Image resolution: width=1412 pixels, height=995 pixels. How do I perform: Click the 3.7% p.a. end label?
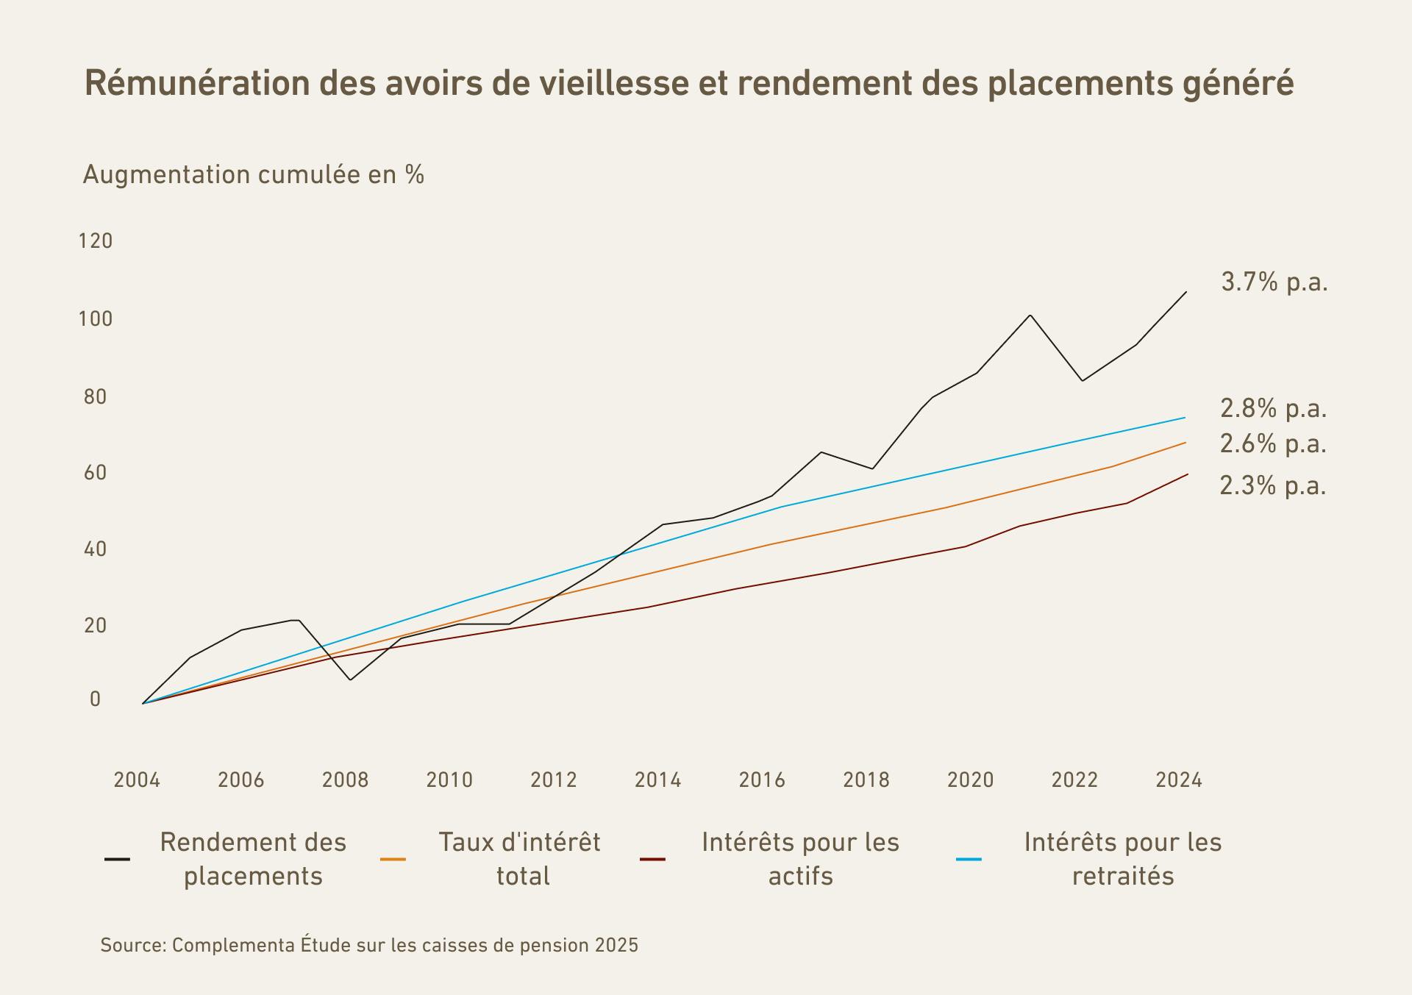point(1274,282)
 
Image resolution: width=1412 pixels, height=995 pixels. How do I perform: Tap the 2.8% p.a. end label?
point(1273,408)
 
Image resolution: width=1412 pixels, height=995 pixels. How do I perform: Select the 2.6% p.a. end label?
point(1273,444)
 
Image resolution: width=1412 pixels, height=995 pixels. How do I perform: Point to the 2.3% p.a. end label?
point(1272,486)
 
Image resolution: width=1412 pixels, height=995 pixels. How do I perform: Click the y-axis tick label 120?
point(96,241)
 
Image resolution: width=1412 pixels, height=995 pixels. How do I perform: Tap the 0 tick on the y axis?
point(95,699)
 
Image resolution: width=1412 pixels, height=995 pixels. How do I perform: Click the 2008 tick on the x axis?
point(345,780)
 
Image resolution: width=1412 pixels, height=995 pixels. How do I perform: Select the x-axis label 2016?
point(762,780)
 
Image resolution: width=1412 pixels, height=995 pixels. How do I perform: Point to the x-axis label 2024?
point(1179,780)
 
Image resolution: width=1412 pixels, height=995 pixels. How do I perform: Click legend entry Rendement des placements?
point(252,859)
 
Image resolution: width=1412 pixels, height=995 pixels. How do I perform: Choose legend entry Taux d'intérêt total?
point(519,859)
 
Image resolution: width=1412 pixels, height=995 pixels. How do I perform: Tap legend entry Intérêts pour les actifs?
point(800,859)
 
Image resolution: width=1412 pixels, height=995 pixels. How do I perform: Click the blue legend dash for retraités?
point(969,859)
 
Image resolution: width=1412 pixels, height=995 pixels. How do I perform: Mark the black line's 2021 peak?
point(1030,315)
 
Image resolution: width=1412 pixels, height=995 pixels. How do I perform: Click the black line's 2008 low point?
point(350,680)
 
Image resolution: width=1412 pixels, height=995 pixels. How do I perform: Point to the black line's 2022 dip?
point(1082,380)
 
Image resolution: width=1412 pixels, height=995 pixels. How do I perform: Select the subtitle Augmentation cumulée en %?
point(253,175)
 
